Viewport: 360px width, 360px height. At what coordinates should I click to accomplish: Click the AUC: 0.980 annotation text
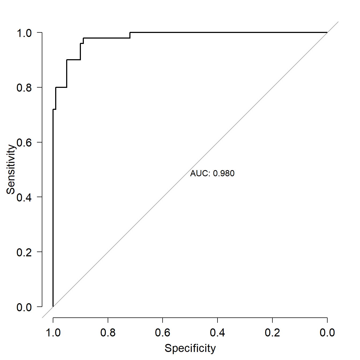point(212,173)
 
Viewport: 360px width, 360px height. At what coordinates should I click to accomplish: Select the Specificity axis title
point(190,348)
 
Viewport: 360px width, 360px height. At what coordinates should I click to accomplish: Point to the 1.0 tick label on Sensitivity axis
point(24,33)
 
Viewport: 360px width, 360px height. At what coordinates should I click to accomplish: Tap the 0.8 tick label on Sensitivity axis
point(24,88)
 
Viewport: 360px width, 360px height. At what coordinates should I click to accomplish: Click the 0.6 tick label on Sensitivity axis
point(24,142)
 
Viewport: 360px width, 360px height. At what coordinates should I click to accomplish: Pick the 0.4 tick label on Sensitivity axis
point(24,197)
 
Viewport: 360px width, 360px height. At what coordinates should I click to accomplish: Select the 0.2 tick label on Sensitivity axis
point(24,252)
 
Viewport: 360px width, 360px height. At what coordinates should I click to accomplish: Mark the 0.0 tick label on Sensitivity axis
point(24,307)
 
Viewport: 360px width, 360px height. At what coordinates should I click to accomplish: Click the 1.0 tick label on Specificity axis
point(53,333)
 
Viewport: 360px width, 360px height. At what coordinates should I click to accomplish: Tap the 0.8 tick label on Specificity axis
point(108,333)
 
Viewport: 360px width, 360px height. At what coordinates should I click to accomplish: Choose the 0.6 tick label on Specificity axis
point(163,333)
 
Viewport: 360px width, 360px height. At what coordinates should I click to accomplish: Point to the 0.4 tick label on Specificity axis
point(217,333)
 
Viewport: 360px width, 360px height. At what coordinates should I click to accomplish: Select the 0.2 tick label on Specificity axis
point(272,333)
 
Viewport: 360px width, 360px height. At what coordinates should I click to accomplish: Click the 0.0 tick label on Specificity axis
point(327,333)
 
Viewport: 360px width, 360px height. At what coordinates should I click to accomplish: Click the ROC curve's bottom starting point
point(53,306)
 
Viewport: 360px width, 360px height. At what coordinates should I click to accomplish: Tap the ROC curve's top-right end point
point(327,32)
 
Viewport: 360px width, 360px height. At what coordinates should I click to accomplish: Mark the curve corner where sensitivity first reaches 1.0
point(130,32)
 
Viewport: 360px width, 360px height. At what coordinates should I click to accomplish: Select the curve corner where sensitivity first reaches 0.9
point(67,60)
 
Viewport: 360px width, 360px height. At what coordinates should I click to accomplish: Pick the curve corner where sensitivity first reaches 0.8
point(56,87)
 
